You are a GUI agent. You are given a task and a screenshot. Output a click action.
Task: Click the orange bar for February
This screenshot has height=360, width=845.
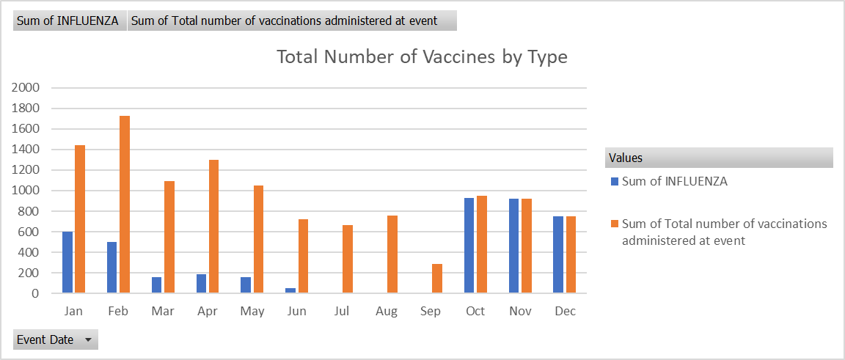point(125,205)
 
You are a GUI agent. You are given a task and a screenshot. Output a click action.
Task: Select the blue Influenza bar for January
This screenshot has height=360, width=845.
point(67,262)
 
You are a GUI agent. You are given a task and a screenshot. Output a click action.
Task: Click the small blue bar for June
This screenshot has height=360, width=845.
point(290,290)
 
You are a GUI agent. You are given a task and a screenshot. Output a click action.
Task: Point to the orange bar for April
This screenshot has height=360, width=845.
point(214,227)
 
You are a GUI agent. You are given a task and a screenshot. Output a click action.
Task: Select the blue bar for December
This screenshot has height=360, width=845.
point(558,254)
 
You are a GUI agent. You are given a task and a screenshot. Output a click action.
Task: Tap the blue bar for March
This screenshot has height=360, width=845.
point(157,285)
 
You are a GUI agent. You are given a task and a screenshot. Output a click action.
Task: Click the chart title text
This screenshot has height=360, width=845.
point(422,56)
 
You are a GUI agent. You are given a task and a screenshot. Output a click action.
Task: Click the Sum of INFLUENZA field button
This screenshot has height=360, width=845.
point(67,21)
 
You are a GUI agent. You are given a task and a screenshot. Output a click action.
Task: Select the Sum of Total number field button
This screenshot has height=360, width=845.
point(292,21)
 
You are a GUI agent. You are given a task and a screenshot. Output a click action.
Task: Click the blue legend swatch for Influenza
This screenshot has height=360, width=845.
point(615,182)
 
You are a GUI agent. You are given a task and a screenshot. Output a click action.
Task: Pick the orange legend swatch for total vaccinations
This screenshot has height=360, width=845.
point(615,224)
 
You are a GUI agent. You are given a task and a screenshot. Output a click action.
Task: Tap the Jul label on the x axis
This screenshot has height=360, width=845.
point(341,312)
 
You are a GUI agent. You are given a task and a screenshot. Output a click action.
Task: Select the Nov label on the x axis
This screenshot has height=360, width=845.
point(520,312)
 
